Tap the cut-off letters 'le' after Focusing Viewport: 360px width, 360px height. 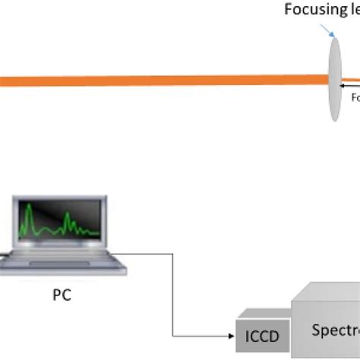353,11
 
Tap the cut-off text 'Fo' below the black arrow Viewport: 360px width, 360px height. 355,97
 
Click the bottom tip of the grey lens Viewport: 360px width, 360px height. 334,118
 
